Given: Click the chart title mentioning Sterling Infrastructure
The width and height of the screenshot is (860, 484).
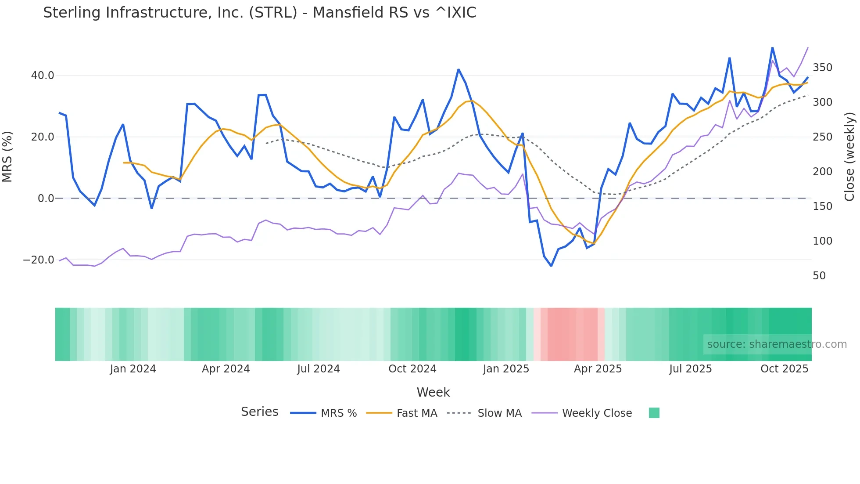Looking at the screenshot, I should [259, 13].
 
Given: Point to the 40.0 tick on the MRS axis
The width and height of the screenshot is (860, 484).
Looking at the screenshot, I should [43, 76].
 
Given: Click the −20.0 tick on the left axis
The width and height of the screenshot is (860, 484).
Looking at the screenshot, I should [39, 260].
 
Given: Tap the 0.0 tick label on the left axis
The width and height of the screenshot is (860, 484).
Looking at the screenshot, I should [46, 199].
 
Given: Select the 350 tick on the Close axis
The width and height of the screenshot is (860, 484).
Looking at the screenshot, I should [822, 68].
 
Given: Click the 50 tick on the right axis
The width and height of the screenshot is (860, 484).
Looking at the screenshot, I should [819, 276].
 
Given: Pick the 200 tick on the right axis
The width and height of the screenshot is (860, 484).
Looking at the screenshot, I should [822, 172].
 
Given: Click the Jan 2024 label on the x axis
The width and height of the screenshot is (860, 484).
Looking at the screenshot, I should [133, 369].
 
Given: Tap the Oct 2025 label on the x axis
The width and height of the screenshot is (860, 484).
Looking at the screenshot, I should [784, 369].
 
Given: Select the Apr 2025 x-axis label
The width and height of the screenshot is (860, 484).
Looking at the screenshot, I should [598, 369].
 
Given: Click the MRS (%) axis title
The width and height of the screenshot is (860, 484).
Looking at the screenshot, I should [7, 157].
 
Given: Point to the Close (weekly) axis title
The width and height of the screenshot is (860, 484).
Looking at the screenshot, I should [849, 157].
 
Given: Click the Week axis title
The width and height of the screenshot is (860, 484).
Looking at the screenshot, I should [433, 392].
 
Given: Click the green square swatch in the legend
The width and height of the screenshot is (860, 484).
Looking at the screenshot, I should [654, 413].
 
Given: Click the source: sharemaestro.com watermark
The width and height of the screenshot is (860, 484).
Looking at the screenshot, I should [777, 344].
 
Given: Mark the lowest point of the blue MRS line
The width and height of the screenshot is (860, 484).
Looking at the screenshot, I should [551, 266].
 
